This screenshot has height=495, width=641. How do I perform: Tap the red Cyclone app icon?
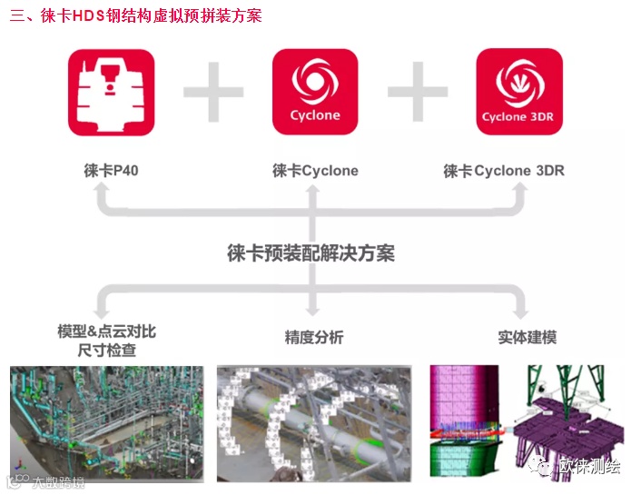point(315,93)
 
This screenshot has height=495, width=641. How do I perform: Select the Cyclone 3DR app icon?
point(518,93)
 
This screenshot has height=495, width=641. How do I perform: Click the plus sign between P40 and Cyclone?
point(213,93)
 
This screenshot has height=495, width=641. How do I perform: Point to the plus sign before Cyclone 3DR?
point(418,93)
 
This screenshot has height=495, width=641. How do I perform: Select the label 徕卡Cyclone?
point(315,171)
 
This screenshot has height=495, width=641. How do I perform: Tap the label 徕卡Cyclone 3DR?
point(504,171)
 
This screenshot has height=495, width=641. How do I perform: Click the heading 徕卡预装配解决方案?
point(311,253)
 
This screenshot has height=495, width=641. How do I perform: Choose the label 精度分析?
point(314,338)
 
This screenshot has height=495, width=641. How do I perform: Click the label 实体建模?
point(527,338)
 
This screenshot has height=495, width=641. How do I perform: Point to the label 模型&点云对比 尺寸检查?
point(106,341)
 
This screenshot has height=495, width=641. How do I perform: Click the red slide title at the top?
point(135,15)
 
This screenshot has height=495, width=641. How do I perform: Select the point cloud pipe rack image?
point(107,422)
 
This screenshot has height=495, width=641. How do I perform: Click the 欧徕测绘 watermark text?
point(589,467)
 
